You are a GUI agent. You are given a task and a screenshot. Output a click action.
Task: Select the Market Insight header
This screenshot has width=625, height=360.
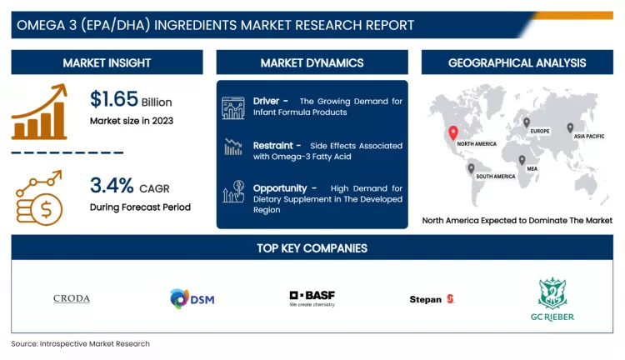click(x=107, y=62)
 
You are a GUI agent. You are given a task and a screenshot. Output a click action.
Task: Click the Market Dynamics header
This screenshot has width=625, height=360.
click(x=312, y=62)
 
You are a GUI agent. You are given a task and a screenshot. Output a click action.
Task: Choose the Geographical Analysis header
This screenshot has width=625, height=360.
click(x=517, y=62)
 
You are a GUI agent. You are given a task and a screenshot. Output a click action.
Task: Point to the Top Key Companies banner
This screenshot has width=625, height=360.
click(x=312, y=247)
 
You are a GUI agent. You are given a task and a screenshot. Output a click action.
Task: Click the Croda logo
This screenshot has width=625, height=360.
click(x=72, y=298)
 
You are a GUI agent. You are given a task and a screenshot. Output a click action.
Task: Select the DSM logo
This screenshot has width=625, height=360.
click(x=192, y=298)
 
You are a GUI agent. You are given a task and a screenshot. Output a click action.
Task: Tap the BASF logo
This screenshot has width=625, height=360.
click(x=312, y=298)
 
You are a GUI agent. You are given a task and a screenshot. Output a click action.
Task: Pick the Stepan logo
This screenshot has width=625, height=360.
click(x=432, y=298)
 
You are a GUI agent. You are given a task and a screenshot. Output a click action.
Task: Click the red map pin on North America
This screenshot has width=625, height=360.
click(x=453, y=132)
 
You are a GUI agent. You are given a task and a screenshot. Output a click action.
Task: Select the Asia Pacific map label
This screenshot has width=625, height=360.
click(x=588, y=136)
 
